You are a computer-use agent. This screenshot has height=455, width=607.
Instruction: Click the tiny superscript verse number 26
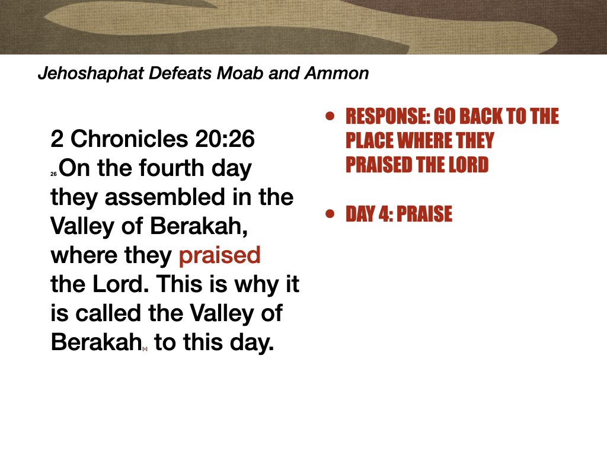53,174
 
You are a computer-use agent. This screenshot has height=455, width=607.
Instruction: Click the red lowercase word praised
219,255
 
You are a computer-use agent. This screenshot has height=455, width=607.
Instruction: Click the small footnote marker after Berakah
145,349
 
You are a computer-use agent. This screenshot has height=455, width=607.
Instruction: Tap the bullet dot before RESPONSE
330,116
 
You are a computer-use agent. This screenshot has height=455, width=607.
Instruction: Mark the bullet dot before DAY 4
330,214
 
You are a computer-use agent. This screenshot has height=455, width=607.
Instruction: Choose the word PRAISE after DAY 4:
424,214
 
